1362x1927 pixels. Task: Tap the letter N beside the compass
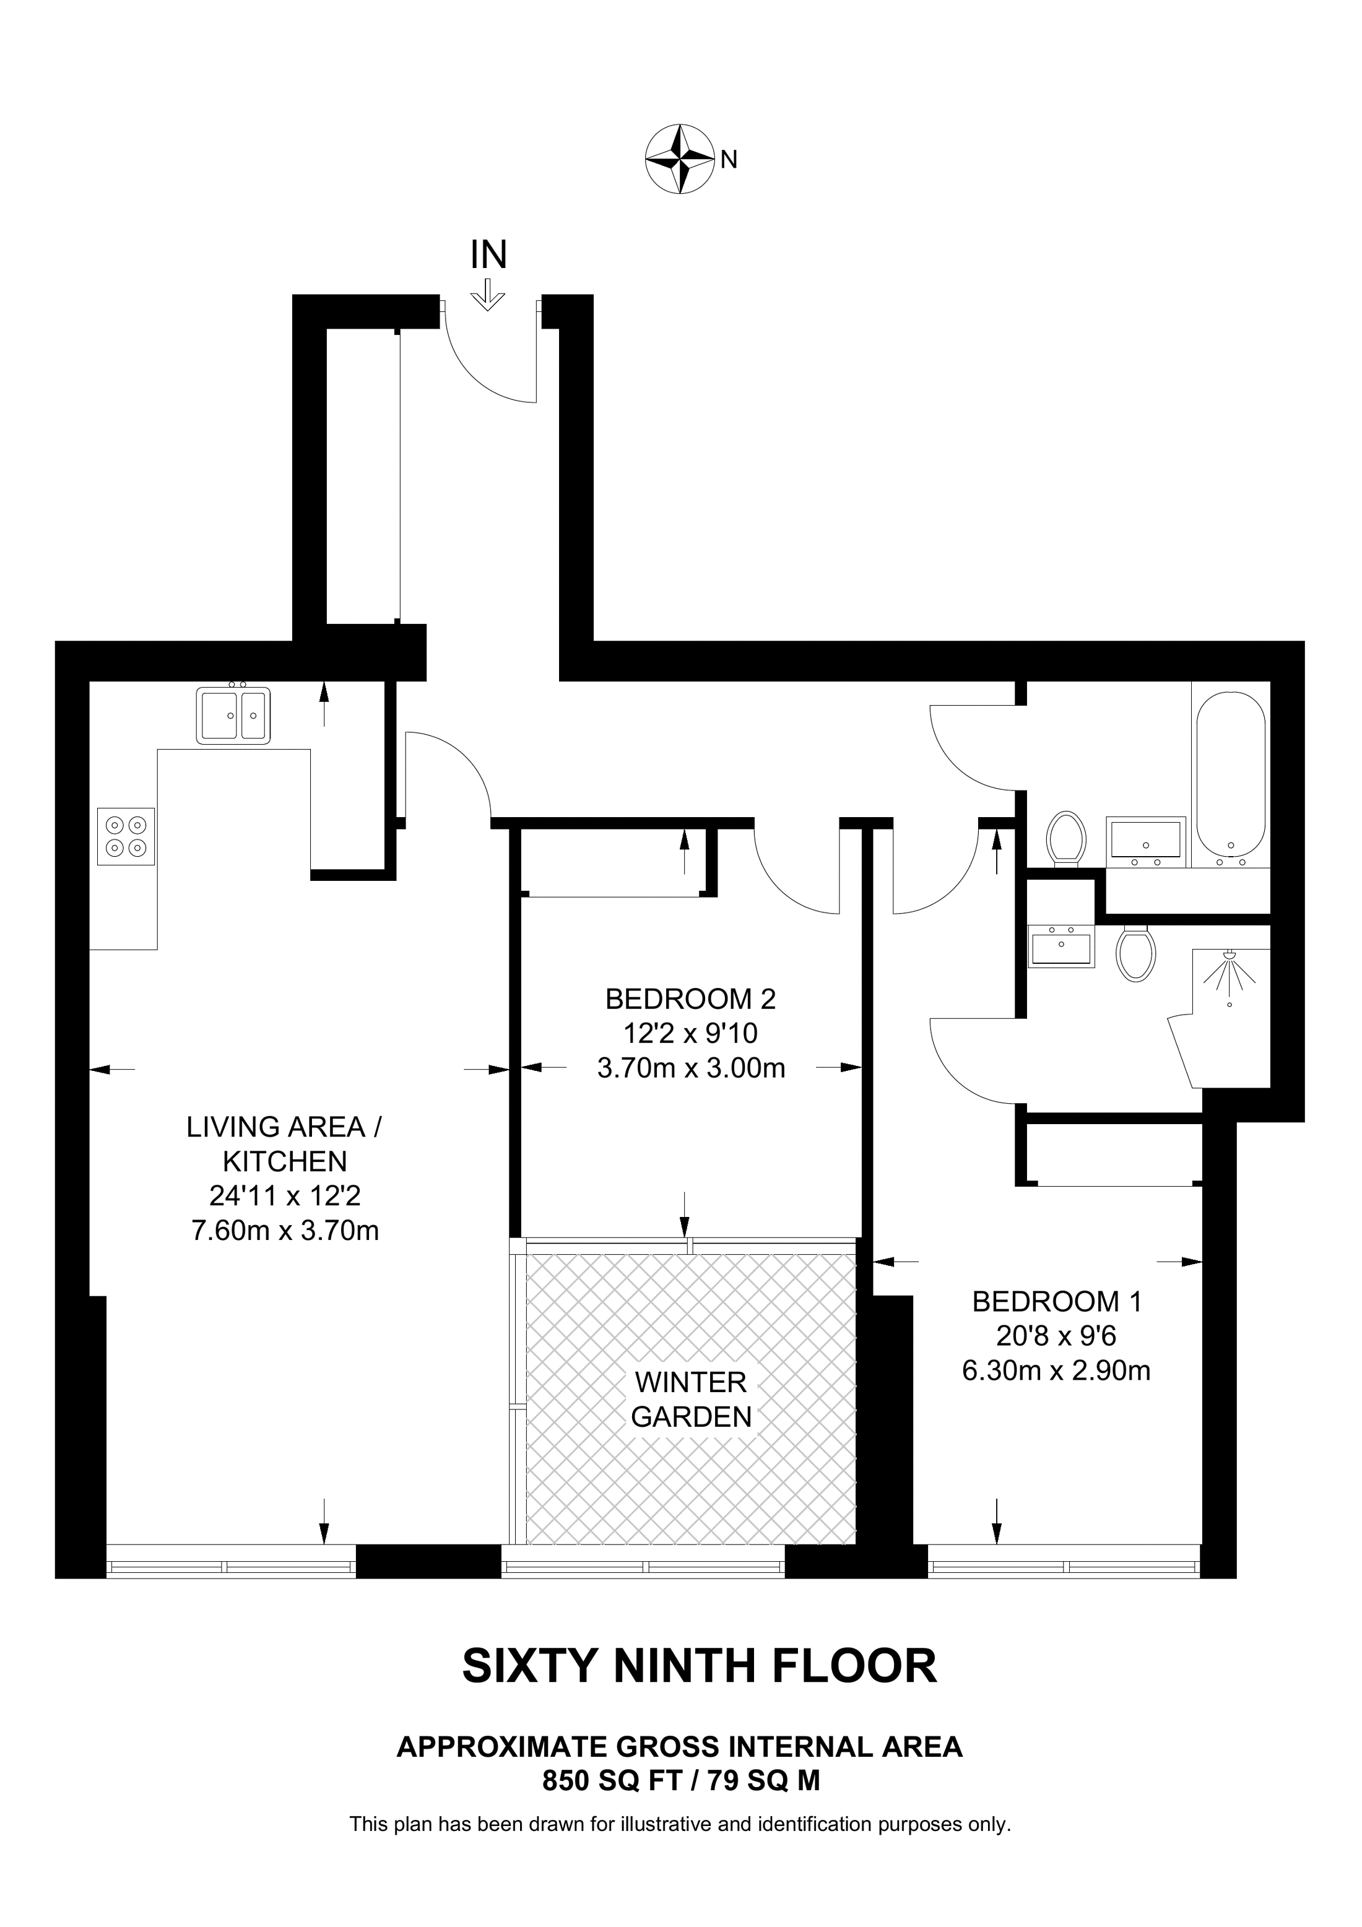tap(729, 160)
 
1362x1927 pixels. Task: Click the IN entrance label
tap(489, 255)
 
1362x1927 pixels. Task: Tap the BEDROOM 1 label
tap(1057, 1302)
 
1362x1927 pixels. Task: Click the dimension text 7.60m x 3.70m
tap(285, 1231)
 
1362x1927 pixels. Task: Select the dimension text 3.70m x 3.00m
tap(692, 1068)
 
